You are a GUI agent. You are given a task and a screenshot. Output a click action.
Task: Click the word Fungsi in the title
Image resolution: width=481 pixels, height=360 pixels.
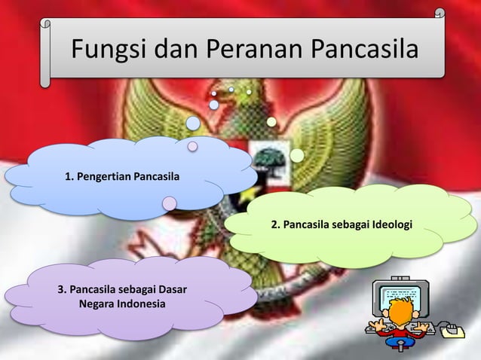109,50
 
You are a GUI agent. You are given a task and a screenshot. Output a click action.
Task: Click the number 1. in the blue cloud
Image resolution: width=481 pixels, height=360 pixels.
69,178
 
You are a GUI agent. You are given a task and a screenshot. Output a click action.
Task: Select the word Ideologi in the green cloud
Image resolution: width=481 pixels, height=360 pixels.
388,224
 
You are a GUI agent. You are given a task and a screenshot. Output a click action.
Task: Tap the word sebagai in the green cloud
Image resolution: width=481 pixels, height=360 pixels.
343,224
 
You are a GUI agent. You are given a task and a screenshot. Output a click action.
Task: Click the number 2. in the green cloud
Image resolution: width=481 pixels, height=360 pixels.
276,224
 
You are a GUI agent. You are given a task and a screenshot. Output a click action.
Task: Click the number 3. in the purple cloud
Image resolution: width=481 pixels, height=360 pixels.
63,290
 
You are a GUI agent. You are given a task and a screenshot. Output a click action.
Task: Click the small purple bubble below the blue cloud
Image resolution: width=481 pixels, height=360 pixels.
170,203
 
